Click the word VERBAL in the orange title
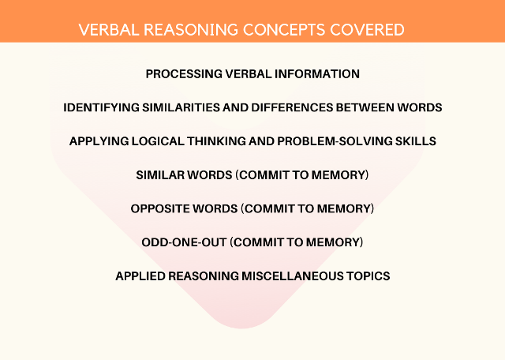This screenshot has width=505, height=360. click(x=109, y=30)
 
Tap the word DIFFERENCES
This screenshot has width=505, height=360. click(x=292, y=107)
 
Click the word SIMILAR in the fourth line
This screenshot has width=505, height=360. click(x=159, y=175)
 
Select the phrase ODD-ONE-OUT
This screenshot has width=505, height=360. click(x=184, y=242)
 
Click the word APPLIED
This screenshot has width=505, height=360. click(x=140, y=276)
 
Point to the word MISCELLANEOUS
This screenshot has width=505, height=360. click(x=292, y=276)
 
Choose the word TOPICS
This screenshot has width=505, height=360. click(x=368, y=276)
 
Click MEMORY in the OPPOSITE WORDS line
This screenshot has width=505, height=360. click(x=344, y=209)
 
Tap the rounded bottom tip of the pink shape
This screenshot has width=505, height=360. click(x=241, y=328)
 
